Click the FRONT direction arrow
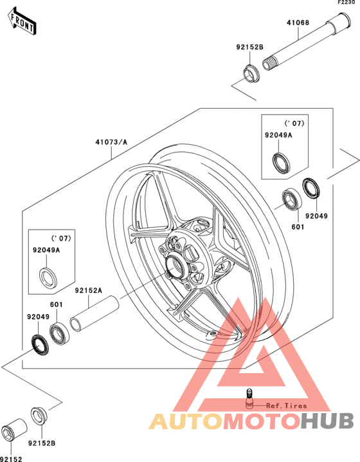(22, 21)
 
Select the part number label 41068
(298, 23)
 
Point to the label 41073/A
(111, 142)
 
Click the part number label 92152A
(89, 290)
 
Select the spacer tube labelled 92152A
(94, 314)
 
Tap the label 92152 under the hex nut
(11, 459)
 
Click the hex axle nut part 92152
(14, 429)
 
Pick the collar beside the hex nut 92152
(39, 416)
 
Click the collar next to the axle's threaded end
(251, 73)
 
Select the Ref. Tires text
(287, 406)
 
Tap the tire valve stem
(249, 398)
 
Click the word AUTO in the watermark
(186, 421)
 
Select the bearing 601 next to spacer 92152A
(59, 334)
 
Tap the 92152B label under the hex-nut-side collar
(42, 443)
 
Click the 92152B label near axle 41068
(249, 47)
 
